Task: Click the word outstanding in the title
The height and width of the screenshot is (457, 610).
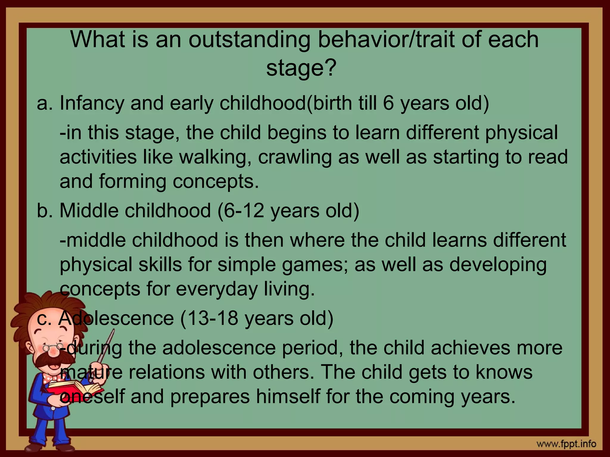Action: coord(250,40)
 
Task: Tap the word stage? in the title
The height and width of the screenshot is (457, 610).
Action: coord(301,68)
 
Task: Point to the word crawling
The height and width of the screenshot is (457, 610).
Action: coord(295,157)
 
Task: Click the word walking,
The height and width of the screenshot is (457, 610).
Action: coord(214,157)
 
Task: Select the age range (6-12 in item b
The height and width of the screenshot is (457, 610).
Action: coord(241,211)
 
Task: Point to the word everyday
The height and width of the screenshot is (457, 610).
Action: coord(217,289)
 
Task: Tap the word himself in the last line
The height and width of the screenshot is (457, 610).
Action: coord(288,397)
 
